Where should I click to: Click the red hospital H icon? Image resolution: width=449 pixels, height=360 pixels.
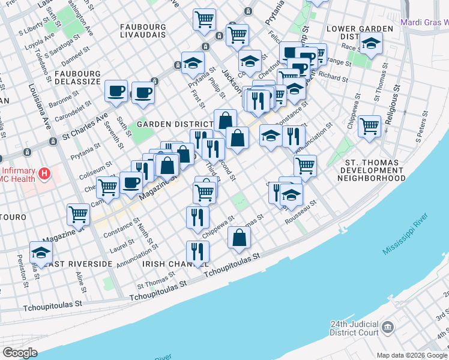tap(44, 175)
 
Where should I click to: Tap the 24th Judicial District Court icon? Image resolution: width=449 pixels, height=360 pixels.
tap(387, 328)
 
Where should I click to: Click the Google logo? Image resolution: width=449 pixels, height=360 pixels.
tap(20, 353)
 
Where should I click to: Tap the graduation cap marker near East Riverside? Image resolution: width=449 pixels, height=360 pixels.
tap(41, 253)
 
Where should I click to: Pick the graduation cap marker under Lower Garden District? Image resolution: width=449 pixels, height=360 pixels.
tap(371, 44)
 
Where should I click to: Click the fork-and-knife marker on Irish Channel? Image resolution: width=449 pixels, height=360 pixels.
tap(197, 252)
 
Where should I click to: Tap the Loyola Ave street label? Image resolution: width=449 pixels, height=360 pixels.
tap(32, 45)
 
